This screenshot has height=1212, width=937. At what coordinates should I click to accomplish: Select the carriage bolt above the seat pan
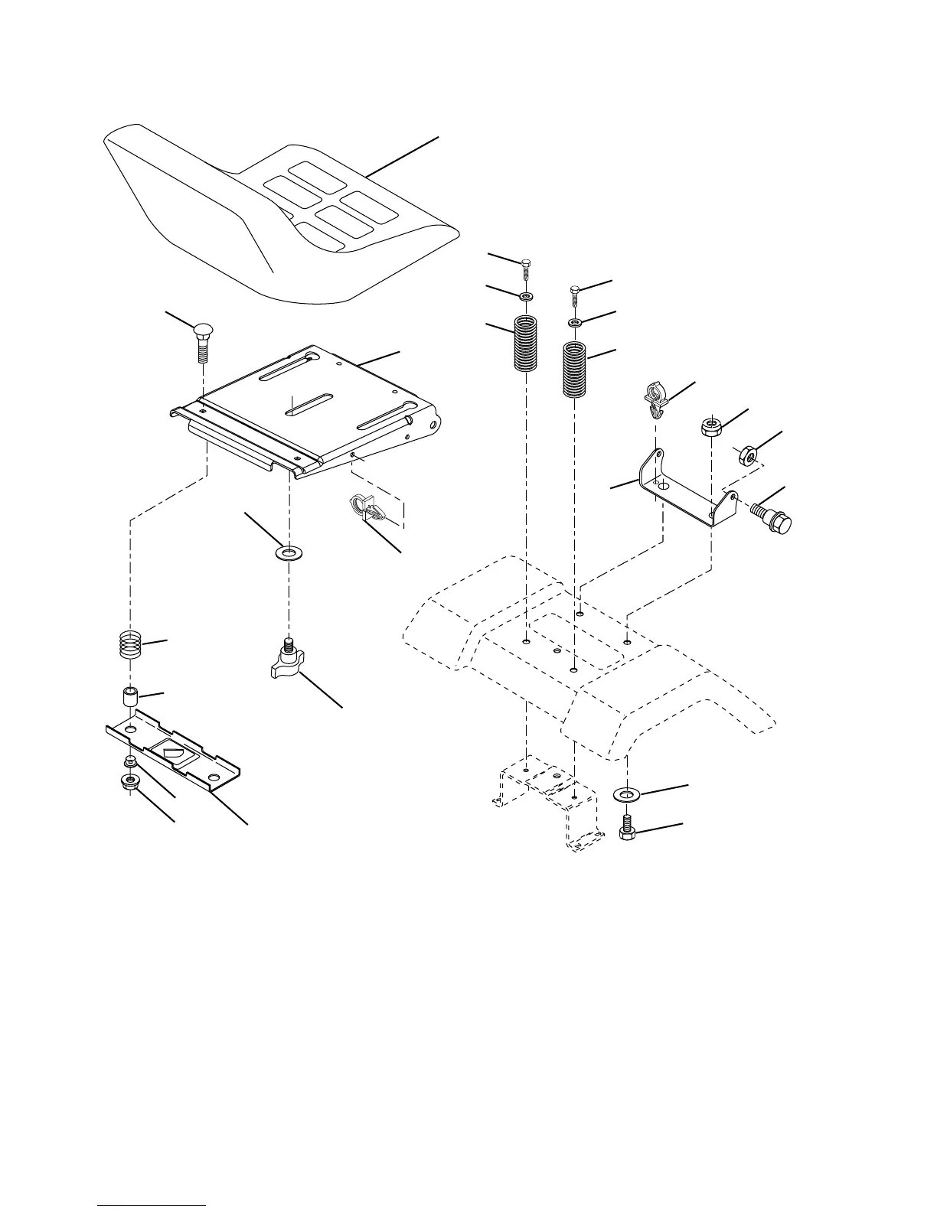click(203, 344)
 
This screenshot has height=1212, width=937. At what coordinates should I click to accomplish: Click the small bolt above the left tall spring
click(526, 267)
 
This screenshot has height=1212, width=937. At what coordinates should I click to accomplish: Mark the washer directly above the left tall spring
click(526, 295)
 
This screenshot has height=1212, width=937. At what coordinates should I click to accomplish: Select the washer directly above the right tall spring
click(575, 324)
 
